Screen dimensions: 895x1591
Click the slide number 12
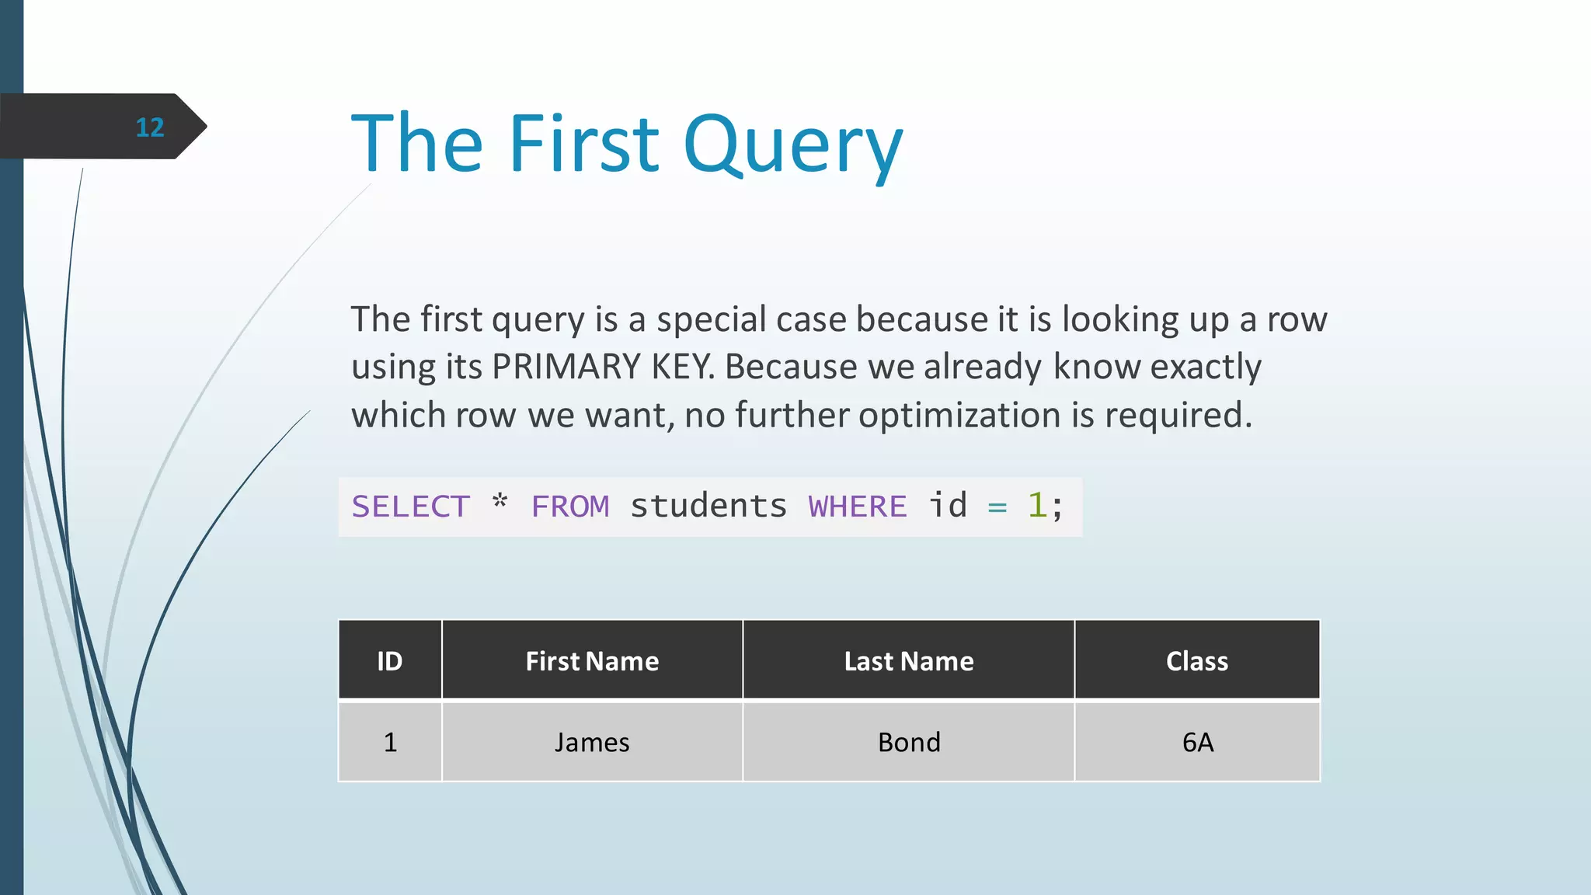150,127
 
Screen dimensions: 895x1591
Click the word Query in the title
793,145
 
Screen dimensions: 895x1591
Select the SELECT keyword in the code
411,507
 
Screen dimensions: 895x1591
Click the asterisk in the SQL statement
500,503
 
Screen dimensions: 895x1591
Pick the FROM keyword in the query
570,507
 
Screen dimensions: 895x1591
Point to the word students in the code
708,507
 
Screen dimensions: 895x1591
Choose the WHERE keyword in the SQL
858,507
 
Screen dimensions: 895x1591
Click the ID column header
390,661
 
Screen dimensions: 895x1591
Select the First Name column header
592,661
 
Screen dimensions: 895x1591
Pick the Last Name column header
909,661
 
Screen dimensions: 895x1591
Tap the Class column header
1197,661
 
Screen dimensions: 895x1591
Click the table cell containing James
592,743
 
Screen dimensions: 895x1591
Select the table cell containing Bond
909,743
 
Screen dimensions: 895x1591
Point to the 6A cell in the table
1197,743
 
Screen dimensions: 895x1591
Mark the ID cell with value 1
390,743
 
